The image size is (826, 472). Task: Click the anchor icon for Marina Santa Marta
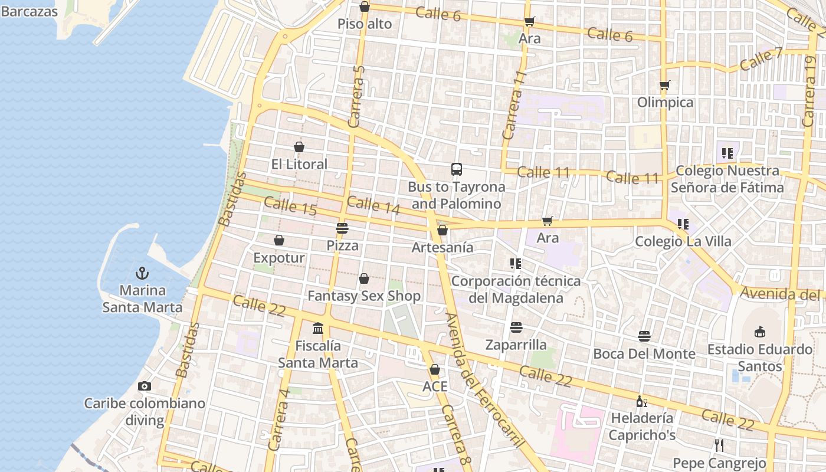pyautogui.click(x=142, y=273)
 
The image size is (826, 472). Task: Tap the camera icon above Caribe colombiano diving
pyautogui.click(x=144, y=386)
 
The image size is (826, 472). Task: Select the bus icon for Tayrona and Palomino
pyautogui.click(x=457, y=169)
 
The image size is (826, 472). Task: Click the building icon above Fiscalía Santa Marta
pyautogui.click(x=318, y=328)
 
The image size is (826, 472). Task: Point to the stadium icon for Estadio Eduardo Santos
pyautogui.click(x=760, y=332)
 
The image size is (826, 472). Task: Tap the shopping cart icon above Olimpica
pyautogui.click(x=665, y=85)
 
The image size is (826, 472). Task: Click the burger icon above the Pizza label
pyautogui.click(x=342, y=228)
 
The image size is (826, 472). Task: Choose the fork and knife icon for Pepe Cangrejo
pyautogui.click(x=719, y=445)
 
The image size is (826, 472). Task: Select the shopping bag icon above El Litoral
pyautogui.click(x=299, y=147)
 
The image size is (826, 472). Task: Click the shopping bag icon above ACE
pyautogui.click(x=435, y=369)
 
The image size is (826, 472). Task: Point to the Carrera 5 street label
pyautogui.click(x=357, y=97)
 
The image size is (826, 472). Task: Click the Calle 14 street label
pyautogui.click(x=373, y=205)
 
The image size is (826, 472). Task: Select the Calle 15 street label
pyautogui.click(x=290, y=206)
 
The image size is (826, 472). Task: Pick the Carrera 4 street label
pyautogui.click(x=279, y=419)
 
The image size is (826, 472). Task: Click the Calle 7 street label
pyautogui.click(x=761, y=60)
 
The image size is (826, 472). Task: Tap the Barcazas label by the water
pyautogui.click(x=29, y=11)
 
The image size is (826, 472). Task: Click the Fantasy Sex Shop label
pyautogui.click(x=364, y=296)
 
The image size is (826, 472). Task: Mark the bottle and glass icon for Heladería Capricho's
pyautogui.click(x=641, y=401)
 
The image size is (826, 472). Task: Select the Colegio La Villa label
pyautogui.click(x=683, y=241)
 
